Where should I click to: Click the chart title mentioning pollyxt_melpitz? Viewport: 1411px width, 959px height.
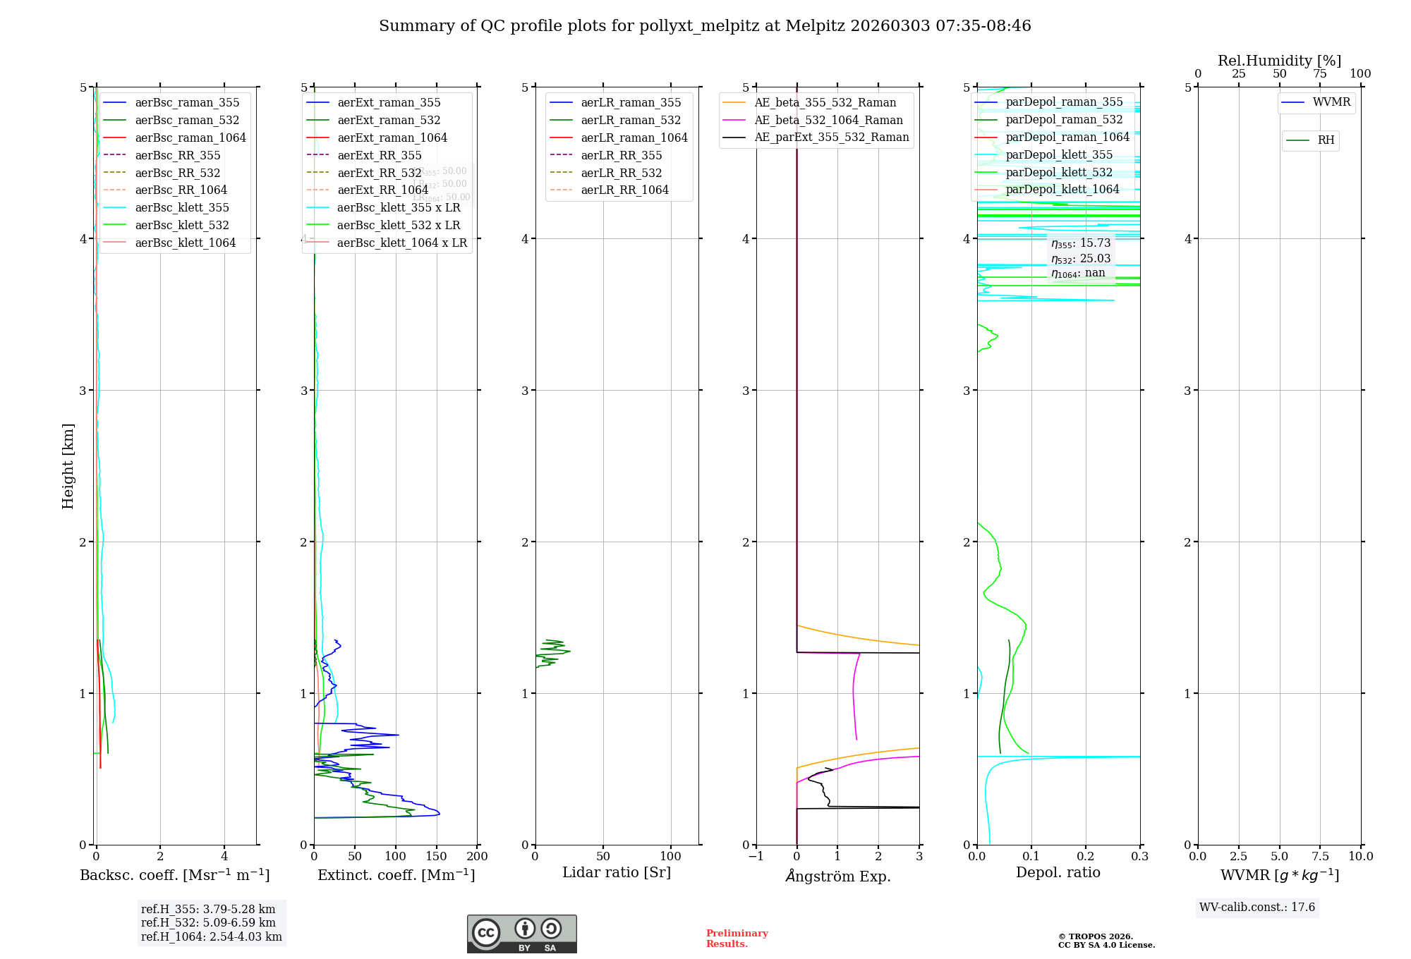705,26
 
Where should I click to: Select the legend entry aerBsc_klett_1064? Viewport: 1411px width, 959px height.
185,243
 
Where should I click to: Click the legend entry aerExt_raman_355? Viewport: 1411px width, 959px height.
389,103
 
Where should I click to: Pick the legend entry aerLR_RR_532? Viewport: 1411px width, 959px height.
621,173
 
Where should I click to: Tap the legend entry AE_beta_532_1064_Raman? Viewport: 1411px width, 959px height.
828,120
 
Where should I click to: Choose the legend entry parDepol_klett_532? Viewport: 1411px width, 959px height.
1058,172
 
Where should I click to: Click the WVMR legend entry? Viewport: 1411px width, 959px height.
1331,102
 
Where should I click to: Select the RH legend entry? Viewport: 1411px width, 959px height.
1326,140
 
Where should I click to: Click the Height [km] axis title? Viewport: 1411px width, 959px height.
68,466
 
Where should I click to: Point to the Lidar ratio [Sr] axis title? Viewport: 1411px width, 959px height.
617,872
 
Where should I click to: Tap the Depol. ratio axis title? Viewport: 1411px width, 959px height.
1058,872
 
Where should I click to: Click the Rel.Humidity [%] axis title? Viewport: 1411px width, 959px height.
1279,61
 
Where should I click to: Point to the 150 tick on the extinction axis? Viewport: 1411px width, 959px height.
436,856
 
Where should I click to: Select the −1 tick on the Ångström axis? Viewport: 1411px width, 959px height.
756,856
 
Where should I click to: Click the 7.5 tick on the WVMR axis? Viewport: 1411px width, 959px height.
1320,856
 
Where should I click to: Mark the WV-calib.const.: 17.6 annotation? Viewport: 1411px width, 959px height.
1257,907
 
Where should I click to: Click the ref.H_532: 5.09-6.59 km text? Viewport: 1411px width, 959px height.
208,922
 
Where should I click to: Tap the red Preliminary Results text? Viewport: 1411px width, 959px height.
737,938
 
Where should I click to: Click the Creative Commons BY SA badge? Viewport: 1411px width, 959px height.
521,934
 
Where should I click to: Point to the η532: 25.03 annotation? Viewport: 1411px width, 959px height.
1081,258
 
